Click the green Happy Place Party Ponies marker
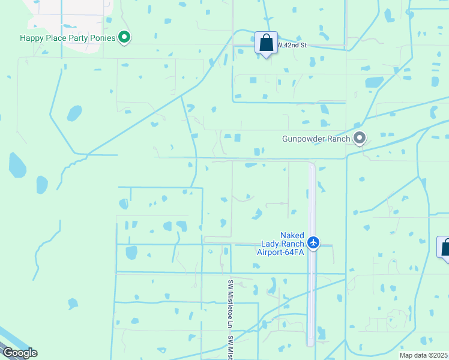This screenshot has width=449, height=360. coord(125,37)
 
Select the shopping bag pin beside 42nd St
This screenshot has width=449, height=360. coord(267,43)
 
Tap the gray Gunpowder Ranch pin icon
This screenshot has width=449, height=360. coord(360,139)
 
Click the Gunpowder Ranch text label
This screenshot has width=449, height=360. coord(316,139)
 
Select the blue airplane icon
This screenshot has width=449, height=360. coord(313,242)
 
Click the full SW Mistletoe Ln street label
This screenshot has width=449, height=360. coord(230,303)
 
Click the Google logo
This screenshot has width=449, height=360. coord(19,353)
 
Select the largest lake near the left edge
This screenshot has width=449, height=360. coord(17,165)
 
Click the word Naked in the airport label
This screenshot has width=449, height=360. coord(292,236)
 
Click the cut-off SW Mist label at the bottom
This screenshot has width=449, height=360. coord(230,348)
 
